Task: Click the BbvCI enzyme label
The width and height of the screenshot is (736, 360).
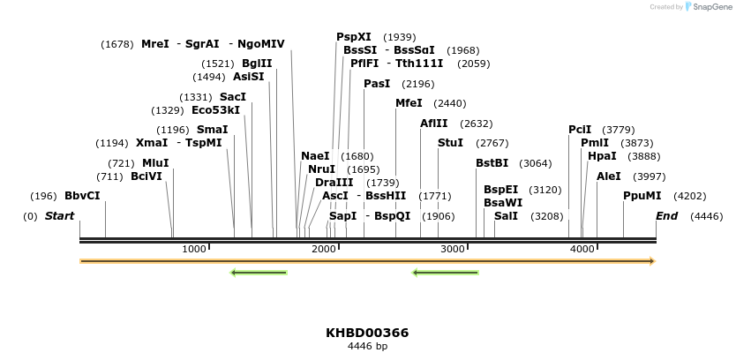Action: pos(82,196)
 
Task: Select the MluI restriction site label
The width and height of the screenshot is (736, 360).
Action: pos(155,163)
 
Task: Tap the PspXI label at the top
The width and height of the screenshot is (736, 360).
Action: pos(354,37)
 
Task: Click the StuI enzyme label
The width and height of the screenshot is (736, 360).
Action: pos(450,143)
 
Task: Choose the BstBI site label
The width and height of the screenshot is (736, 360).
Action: pos(492,163)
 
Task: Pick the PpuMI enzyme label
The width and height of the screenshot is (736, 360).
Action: pos(642,196)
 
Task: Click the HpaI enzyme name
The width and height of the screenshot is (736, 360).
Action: pos(602,156)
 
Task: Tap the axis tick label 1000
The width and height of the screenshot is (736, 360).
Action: pos(194,250)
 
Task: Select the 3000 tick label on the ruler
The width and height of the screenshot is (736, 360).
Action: pos(453,250)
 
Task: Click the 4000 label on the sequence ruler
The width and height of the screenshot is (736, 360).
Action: pos(582,250)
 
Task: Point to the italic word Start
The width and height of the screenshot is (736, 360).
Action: pos(60,216)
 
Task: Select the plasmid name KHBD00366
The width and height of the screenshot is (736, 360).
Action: pos(367,333)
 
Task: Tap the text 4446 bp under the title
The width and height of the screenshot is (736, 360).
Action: pos(367,346)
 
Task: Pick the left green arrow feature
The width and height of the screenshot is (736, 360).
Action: pos(259,273)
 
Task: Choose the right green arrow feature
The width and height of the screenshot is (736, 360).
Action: pos(446,273)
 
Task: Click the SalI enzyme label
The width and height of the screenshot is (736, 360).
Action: pos(506,216)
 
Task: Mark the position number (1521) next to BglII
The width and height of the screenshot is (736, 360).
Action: pos(218,64)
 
